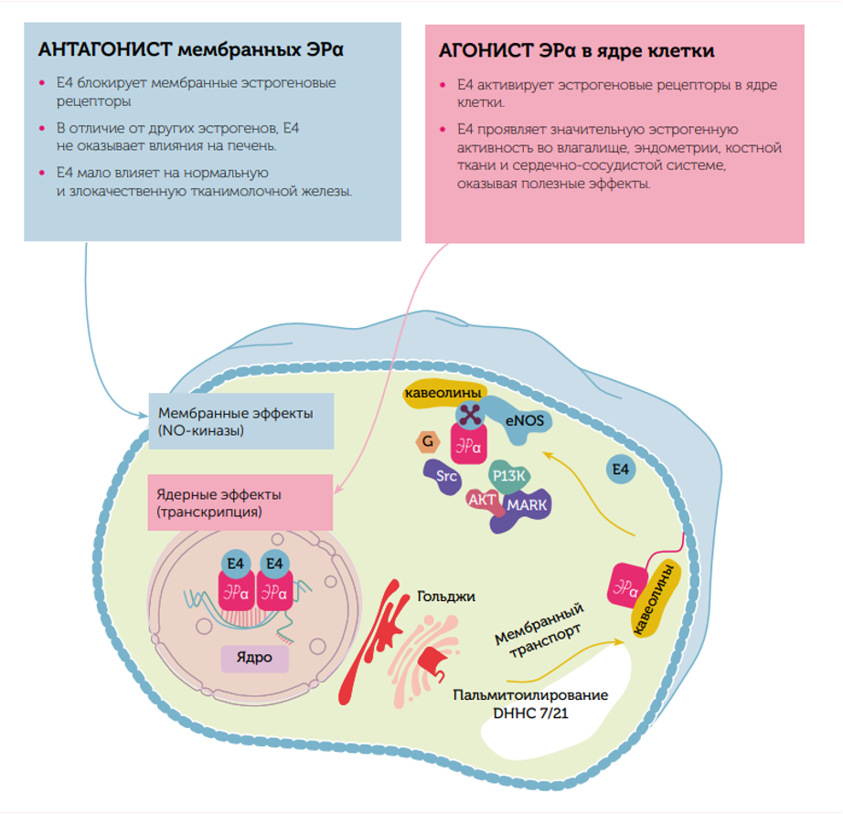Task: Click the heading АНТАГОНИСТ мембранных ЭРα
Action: [197, 49]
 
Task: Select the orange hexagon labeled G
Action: [425, 442]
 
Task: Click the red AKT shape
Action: [481, 500]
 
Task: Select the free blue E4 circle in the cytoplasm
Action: [620, 470]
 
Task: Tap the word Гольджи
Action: [446, 597]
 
